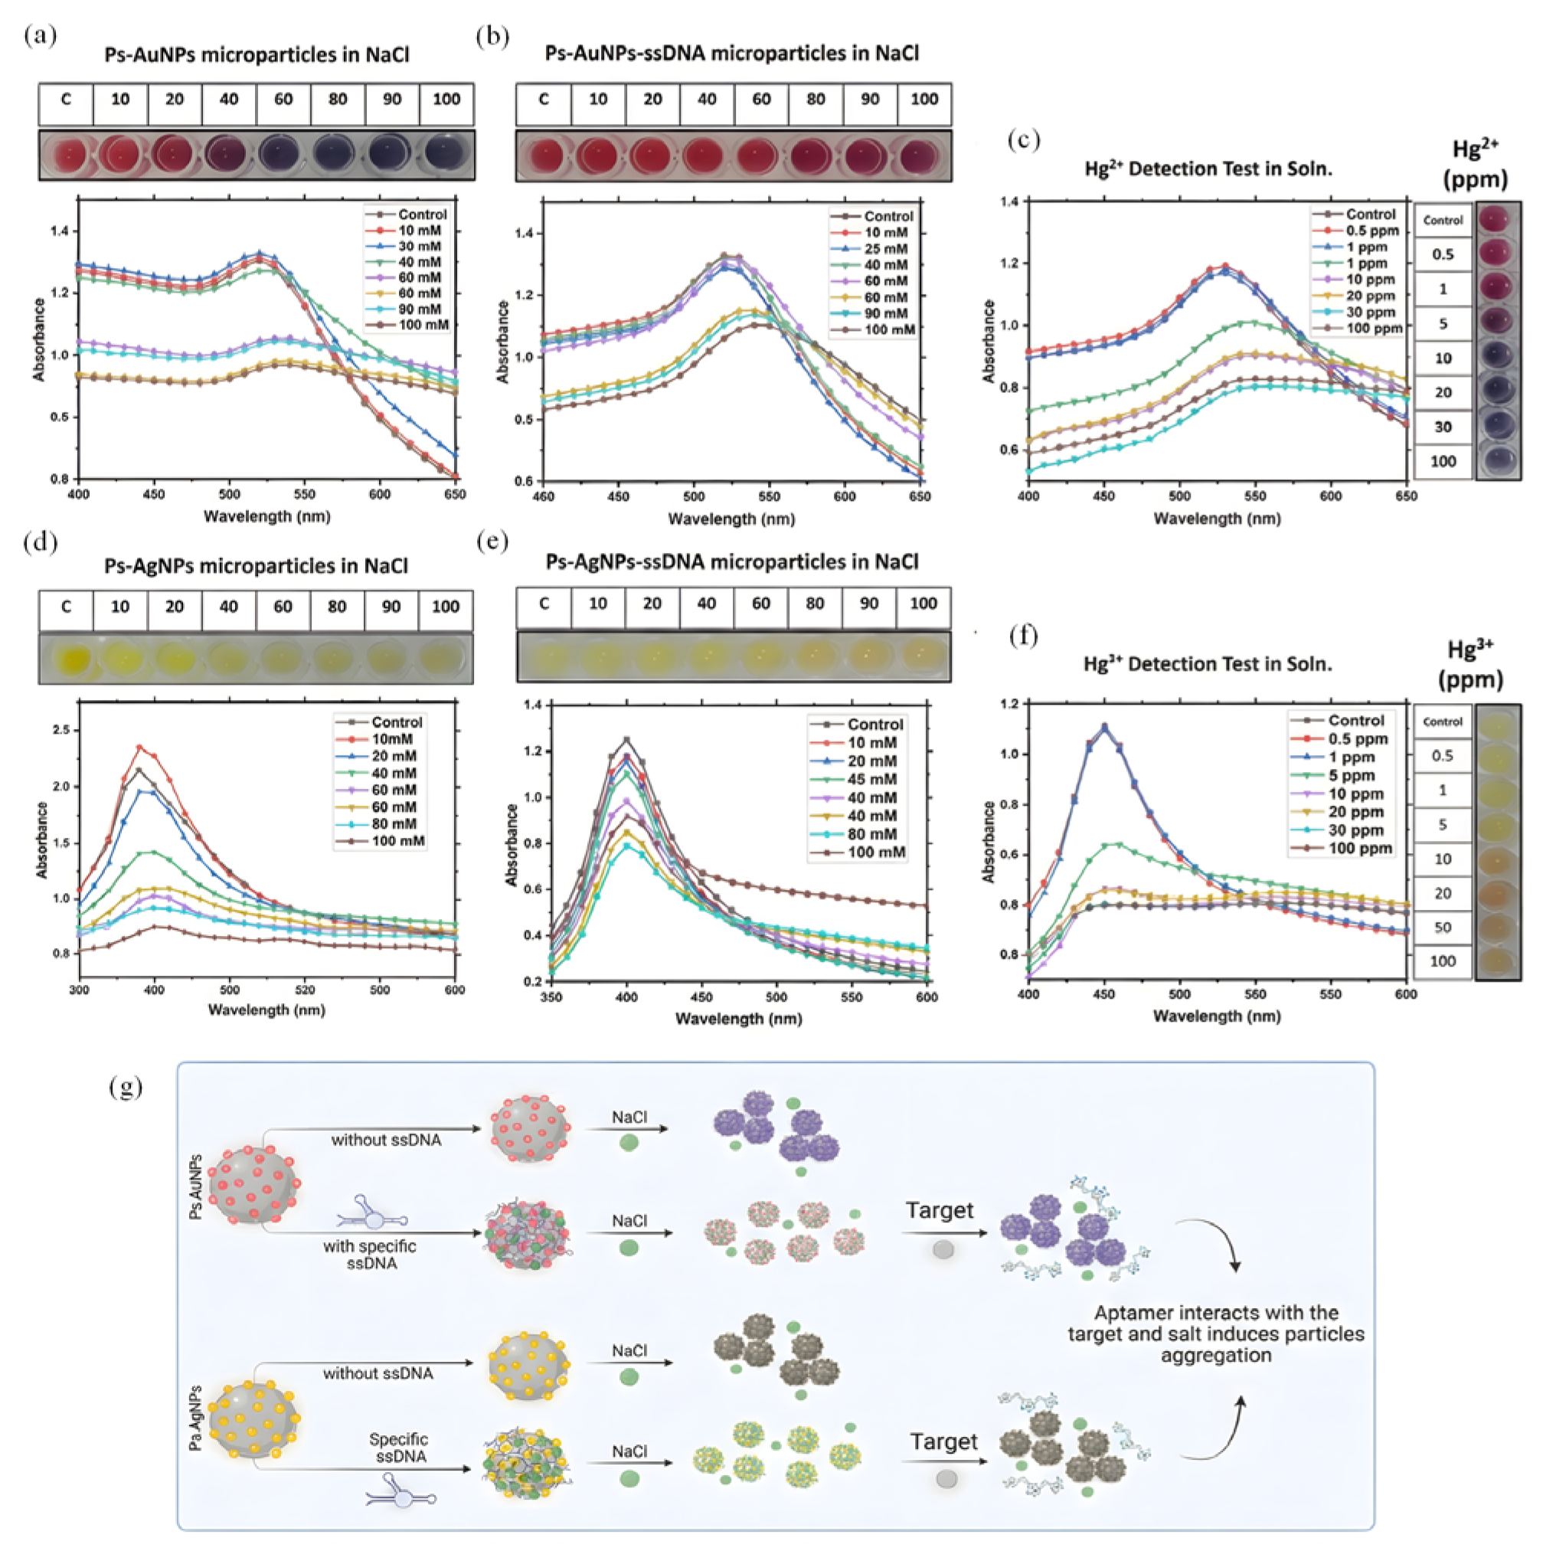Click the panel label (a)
pos(40,35)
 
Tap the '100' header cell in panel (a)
pos(446,100)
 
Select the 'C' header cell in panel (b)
pos(544,100)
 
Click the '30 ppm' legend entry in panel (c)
pos(1371,312)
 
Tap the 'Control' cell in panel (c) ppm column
pos(1443,220)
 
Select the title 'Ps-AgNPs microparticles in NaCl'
pos(255,566)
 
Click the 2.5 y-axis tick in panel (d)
pos(60,730)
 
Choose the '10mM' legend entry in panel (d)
pos(392,738)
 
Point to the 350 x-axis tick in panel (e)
pos(551,997)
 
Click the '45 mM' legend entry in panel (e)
pos(872,780)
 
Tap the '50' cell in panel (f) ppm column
pos(1443,928)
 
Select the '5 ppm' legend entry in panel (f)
pos(1352,775)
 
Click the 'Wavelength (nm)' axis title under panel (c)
pos(1216,519)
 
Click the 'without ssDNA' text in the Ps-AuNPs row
pos(386,1140)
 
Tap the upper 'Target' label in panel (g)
pos(940,1210)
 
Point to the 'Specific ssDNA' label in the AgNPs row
pos(398,1448)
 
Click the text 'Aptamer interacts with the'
pos(1215,1313)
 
